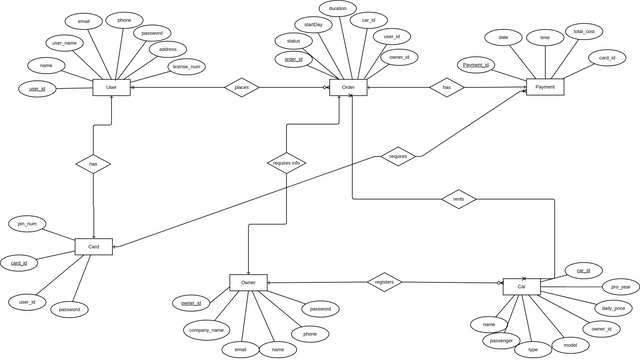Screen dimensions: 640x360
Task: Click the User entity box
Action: pyautogui.click(x=111, y=88)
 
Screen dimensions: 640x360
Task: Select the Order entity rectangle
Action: pyautogui.click(x=348, y=88)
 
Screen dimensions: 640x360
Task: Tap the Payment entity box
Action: pyautogui.click(x=545, y=87)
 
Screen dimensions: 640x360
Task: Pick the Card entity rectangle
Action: pyautogui.click(x=94, y=246)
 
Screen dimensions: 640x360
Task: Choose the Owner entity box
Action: pyautogui.click(x=248, y=283)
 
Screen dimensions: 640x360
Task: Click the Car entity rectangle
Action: pyautogui.click(x=521, y=287)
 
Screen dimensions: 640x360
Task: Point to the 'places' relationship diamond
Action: pyautogui.click(x=241, y=88)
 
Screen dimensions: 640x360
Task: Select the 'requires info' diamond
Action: pyautogui.click(x=287, y=162)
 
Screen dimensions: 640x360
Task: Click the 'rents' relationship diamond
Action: pyautogui.click(x=458, y=199)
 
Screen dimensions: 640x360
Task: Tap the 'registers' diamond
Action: pyautogui.click(x=384, y=283)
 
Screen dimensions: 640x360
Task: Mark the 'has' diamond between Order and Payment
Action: pyautogui.click(x=446, y=88)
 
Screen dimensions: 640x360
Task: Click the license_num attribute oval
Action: pyautogui.click(x=187, y=68)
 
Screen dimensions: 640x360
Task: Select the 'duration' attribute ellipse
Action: pyautogui.click(x=338, y=8)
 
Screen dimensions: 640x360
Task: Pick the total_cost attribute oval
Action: pyautogui.click(x=583, y=32)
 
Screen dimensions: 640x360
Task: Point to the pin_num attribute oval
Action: pyautogui.click(x=27, y=223)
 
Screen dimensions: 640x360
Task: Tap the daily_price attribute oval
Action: pyautogui.click(x=612, y=309)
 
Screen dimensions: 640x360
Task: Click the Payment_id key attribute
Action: pyautogui.click(x=476, y=65)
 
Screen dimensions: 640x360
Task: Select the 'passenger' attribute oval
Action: pyautogui.click(x=500, y=341)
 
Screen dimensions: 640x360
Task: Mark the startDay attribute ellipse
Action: pyautogui.click(x=313, y=24)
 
